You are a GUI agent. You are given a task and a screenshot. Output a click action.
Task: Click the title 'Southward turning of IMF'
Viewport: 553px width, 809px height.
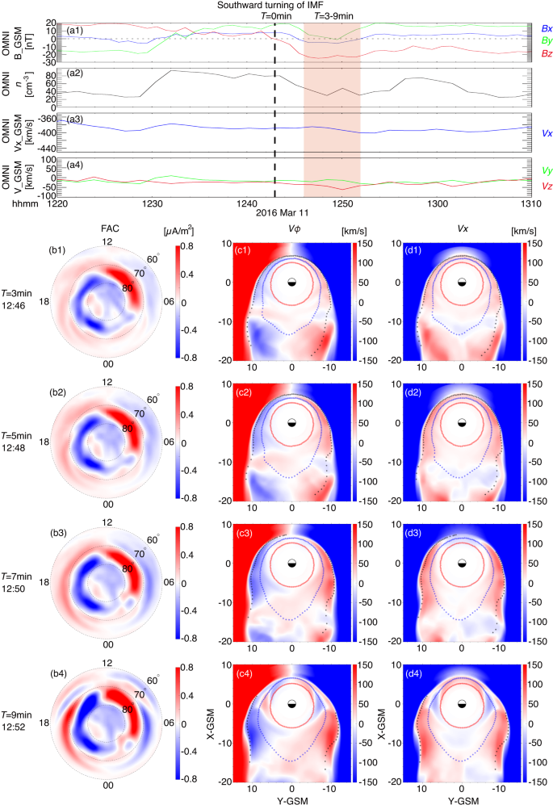point(276,5)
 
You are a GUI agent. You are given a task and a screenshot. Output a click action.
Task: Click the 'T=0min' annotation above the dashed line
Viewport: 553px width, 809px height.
point(276,15)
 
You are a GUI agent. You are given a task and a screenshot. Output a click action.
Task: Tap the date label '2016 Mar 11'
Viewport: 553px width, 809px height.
point(276,214)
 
